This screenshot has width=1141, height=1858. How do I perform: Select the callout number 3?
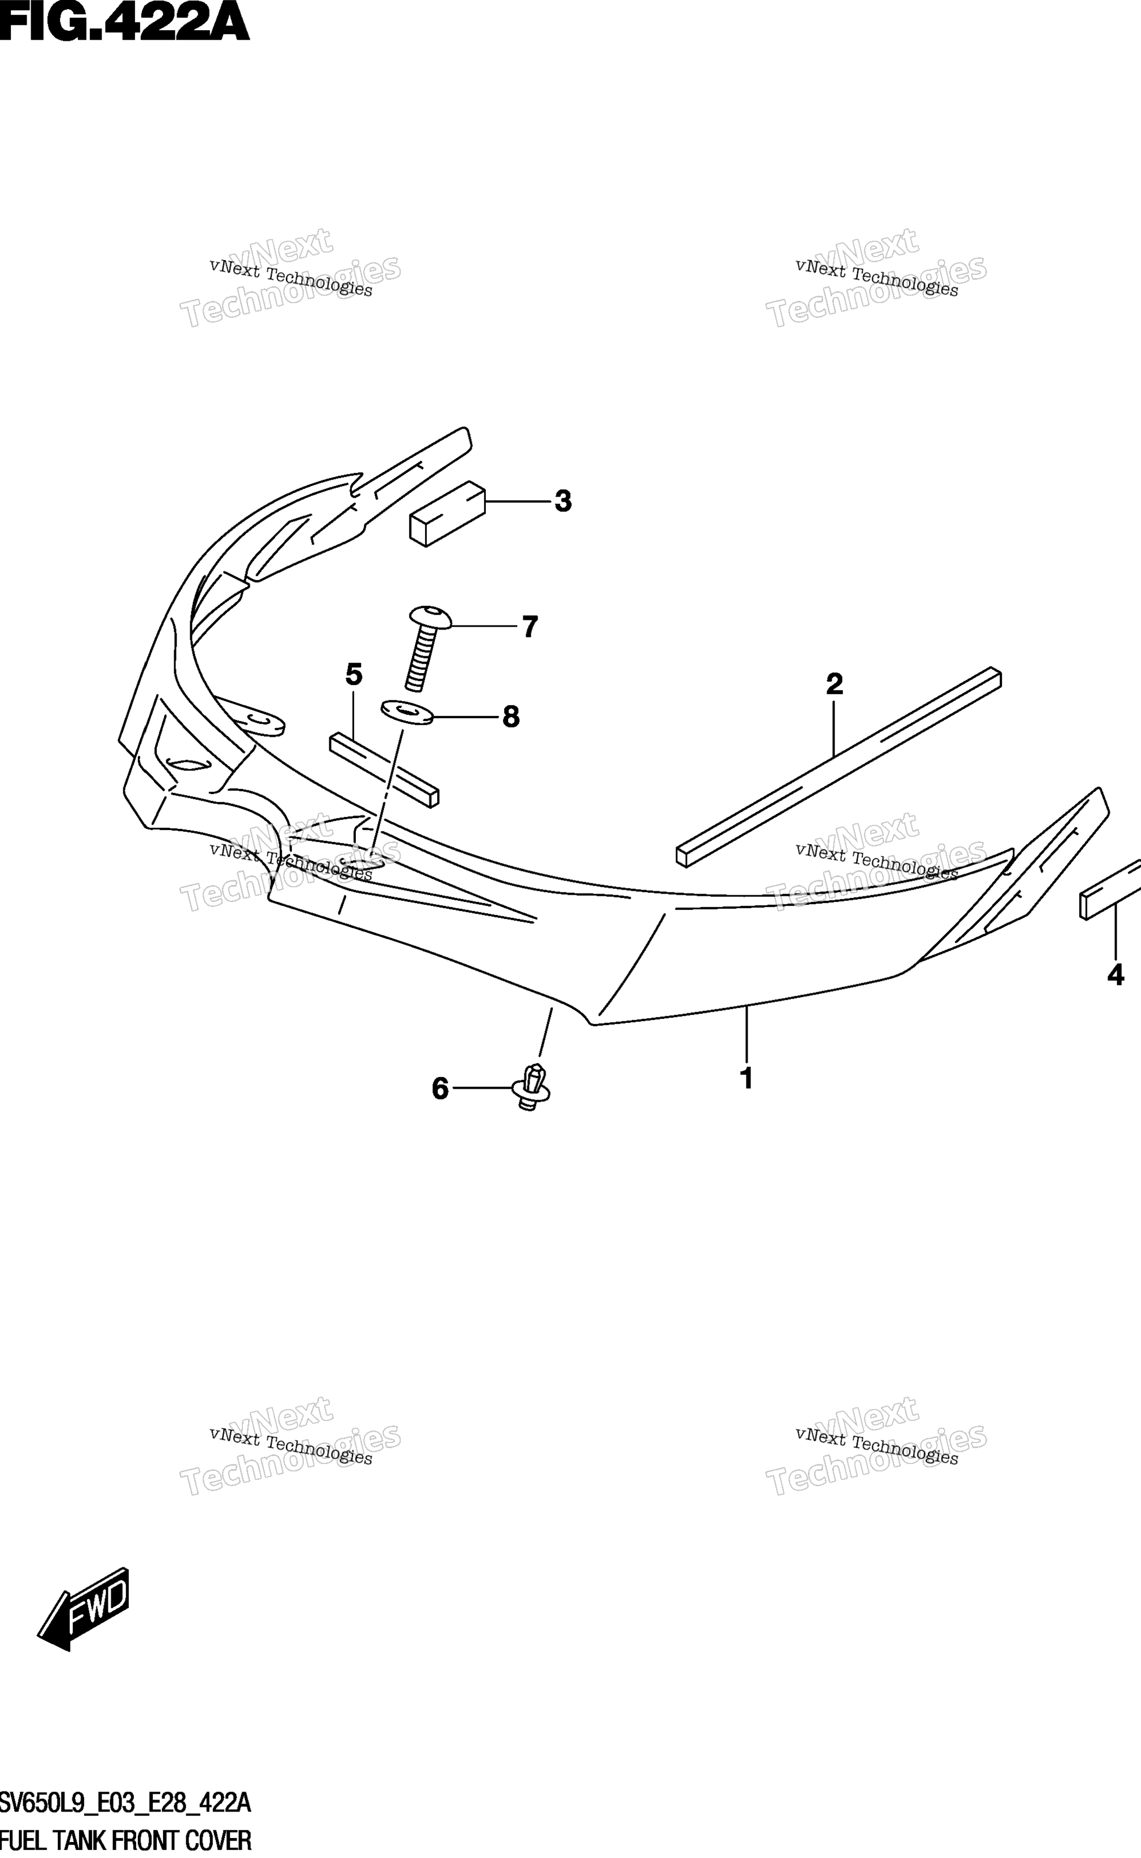563,501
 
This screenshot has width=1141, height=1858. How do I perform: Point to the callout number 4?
1115,975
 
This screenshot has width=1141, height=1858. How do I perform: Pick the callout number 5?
354,674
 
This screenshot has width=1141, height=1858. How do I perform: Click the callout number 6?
440,1088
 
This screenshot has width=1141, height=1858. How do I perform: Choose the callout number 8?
511,716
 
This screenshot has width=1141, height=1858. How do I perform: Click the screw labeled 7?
427,647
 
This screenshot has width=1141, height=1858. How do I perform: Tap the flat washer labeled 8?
408,712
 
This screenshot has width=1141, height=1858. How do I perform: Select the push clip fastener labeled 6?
531,1088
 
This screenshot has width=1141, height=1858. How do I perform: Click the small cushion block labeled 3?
447,514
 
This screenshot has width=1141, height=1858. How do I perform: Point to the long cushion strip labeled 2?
838,767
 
